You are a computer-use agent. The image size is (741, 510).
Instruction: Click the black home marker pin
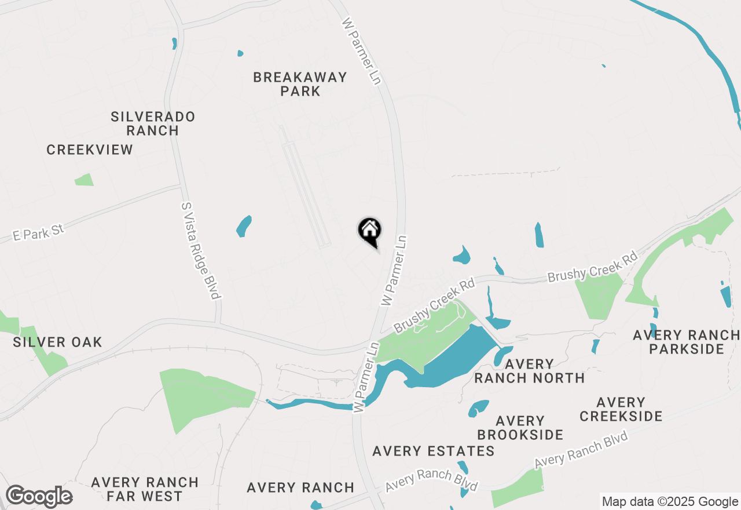pos(369,230)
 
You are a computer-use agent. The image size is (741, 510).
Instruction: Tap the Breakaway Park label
pos(300,84)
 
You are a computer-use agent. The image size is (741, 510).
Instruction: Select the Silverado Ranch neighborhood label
pos(153,123)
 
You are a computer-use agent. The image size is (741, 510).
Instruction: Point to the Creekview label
pos(90,150)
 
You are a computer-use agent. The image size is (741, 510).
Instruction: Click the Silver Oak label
pos(57,342)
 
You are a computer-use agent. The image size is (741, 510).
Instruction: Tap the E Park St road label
pos(39,232)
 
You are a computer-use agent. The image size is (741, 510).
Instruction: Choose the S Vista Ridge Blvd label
pos(200,250)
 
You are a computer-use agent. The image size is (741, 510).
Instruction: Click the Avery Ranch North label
pos(529,371)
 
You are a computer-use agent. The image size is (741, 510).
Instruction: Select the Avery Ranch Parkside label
pos(687,342)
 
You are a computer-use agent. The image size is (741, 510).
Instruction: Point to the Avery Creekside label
pos(621,409)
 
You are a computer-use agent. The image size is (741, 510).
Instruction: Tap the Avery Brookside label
pos(520,428)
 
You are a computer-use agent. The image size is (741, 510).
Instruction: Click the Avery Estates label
pos(433,451)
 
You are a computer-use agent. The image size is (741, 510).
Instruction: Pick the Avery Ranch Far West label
pos(145,489)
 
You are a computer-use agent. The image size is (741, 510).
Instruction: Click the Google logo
pos(39,497)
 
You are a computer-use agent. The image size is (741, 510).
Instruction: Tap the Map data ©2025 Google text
pos(670,502)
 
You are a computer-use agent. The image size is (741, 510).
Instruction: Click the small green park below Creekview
pos(84,180)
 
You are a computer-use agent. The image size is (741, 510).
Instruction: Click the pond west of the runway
pos(244,226)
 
